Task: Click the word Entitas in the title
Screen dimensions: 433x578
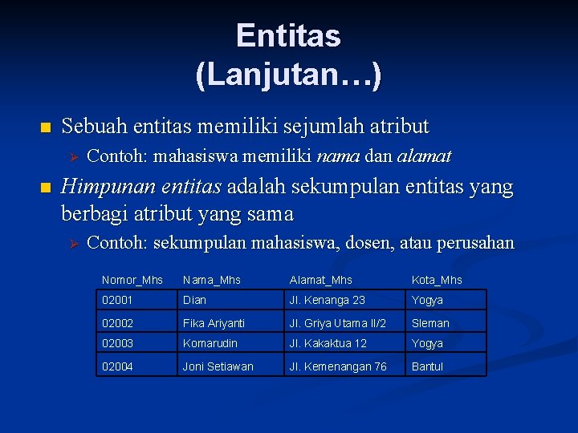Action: [x=288, y=36]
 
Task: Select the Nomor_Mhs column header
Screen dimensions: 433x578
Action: [x=132, y=280]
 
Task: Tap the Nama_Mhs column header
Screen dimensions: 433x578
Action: [x=212, y=280]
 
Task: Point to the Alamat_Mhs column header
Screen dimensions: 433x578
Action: [x=320, y=280]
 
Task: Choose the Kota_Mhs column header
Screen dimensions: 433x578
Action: [x=437, y=280]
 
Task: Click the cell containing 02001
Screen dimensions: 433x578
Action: [x=116, y=300]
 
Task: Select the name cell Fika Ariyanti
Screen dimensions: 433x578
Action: [x=214, y=323]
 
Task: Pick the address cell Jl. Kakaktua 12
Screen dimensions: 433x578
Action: [x=328, y=343]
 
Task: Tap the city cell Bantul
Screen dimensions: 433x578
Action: [x=427, y=366]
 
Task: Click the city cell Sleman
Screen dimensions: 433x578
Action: [x=430, y=323]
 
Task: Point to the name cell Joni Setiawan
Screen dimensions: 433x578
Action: [x=218, y=366]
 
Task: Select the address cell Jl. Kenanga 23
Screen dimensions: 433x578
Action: [x=327, y=300]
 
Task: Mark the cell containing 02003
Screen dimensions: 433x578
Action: [x=117, y=343]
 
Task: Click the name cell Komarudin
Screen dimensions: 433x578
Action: [x=210, y=343]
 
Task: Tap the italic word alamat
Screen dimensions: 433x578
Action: [x=424, y=156]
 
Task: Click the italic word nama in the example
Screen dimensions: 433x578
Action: [x=338, y=156]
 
